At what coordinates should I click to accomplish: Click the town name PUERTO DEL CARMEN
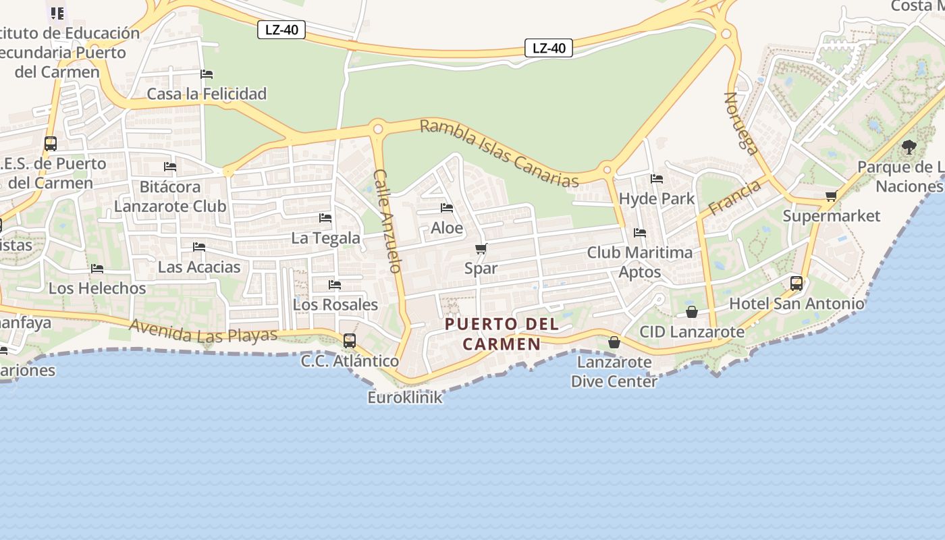[502, 333]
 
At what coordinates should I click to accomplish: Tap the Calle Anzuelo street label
[387, 221]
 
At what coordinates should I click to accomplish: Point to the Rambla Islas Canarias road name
[500, 153]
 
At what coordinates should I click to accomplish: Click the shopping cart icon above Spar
[481, 249]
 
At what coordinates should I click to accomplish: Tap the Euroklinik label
[405, 397]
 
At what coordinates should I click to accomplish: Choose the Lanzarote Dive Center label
[614, 371]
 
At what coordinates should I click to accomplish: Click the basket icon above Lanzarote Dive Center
[614, 342]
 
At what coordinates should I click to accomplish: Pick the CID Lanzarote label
[692, 331]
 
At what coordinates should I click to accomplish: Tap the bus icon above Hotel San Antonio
[796, 283]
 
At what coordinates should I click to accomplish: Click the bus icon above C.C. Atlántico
[349, 341]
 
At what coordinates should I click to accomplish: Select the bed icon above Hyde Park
[657, 179]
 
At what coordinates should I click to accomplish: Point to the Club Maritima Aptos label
[639, 262]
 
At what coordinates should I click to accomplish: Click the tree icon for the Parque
[909, 146]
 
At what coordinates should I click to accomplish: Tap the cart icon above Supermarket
[831, 196]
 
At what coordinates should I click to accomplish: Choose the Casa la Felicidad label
[207, 93]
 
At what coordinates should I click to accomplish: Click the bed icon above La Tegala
[325, 218]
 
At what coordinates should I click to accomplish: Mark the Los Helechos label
[97, 288]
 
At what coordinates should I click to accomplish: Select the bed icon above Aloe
[447, 208]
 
